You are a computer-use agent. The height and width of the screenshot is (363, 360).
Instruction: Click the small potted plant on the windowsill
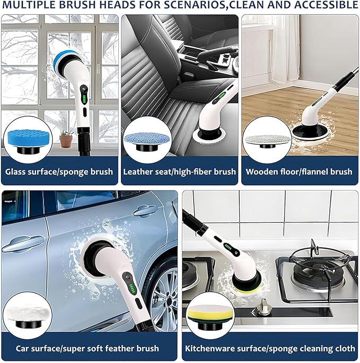[66, 139]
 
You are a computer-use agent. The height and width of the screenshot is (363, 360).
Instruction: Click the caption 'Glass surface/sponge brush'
[59, 172]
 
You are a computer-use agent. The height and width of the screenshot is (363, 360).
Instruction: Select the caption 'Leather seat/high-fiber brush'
[179, 172]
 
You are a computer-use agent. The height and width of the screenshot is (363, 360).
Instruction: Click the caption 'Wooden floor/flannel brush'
[299, 172]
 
